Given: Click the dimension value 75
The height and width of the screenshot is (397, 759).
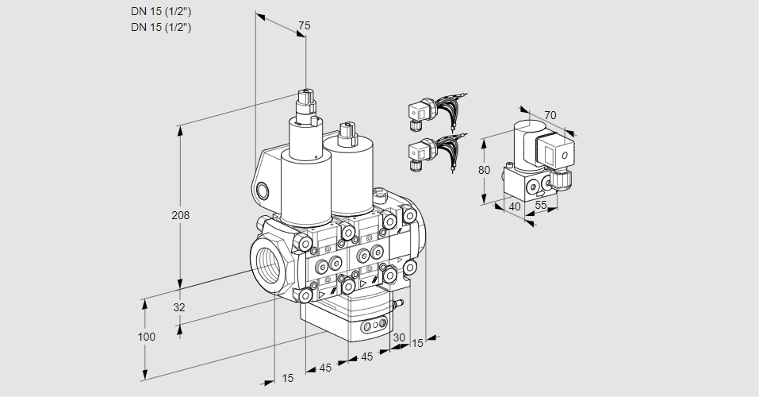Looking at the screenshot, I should click(303, 26).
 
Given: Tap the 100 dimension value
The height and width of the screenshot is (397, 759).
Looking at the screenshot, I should click(146, 337).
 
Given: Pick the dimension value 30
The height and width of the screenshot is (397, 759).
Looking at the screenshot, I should click(399, 337).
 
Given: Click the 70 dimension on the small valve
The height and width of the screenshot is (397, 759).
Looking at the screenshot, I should click(550, 115).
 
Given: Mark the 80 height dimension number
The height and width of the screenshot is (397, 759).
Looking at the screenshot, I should click(484, 169).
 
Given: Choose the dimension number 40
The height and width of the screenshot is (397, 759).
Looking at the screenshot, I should click(516, 207).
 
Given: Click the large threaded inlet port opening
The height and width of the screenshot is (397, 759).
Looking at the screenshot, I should click(266, 261).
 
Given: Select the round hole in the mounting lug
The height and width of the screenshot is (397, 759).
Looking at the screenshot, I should click(263, 190).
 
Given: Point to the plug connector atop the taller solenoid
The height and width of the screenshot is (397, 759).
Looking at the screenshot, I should click(305, 103).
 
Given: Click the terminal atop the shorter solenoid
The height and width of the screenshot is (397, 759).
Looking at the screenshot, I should click(345, 131).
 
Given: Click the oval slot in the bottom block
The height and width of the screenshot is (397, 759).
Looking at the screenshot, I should click(372, 326).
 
